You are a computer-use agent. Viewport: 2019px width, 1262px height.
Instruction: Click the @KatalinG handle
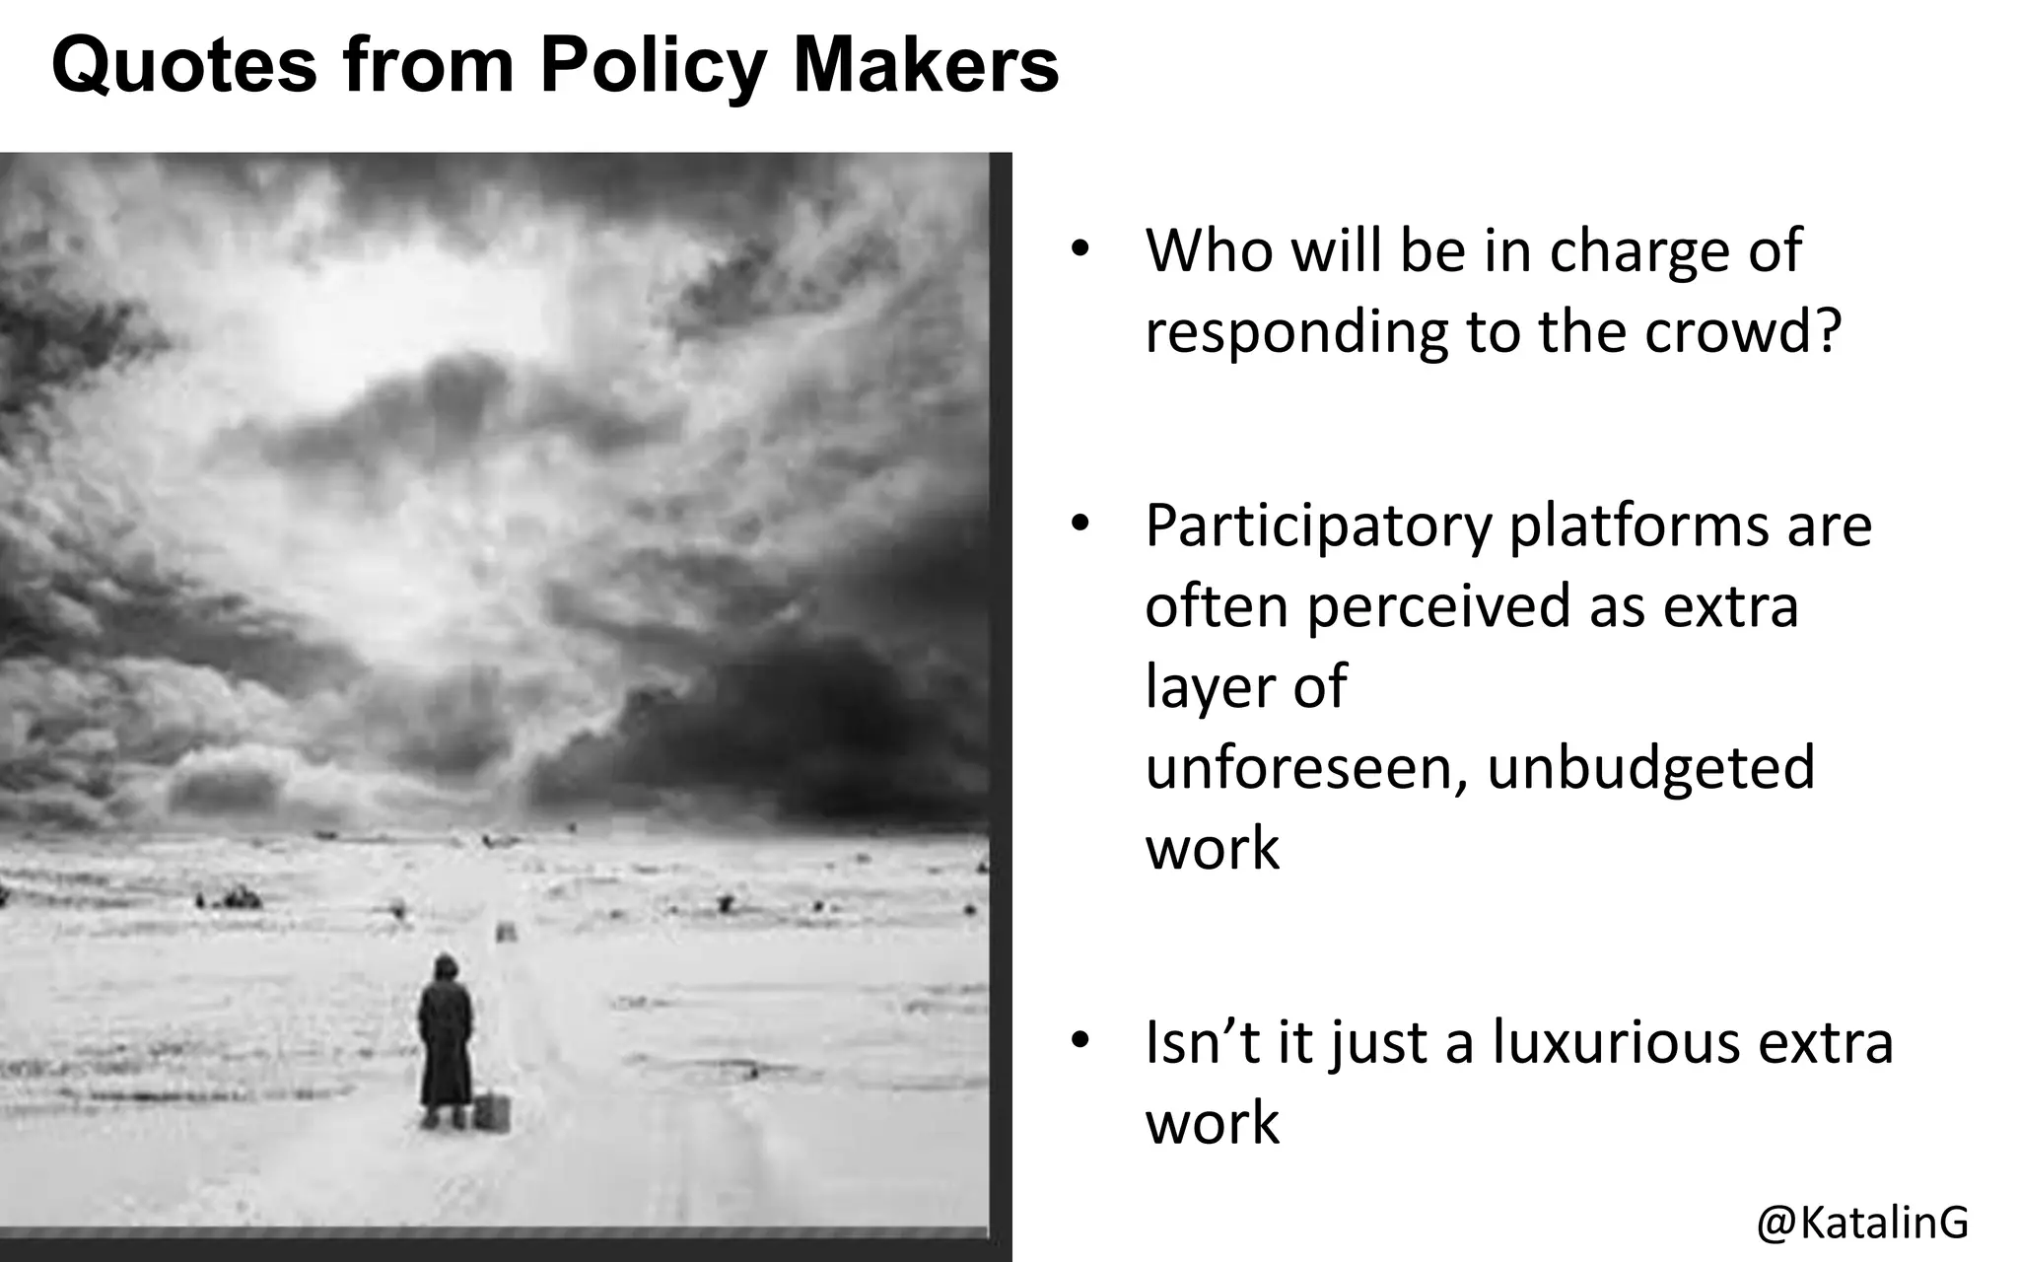(1862, 1222)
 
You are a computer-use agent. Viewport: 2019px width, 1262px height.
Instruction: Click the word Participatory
(1318, 526)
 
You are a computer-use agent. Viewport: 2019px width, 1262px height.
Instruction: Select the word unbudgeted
(1650, 767)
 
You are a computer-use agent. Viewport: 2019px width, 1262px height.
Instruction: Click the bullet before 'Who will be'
(1080, 248)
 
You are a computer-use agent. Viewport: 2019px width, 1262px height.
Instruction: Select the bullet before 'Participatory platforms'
(1080, 525)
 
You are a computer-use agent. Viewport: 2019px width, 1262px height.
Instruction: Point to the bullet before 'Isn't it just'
(1080, 1041)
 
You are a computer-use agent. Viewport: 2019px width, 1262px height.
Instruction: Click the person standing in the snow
(445, 1040)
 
